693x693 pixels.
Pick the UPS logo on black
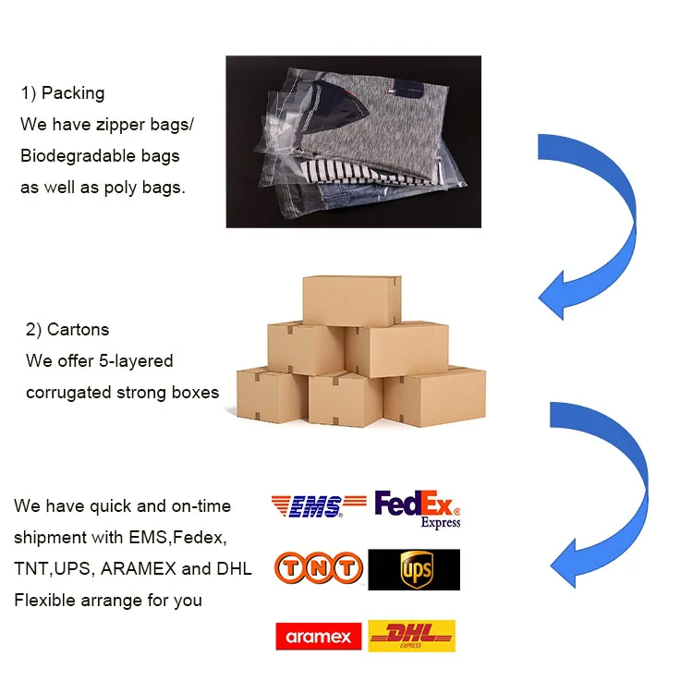(414, 570)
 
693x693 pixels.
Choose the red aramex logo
(319, 637)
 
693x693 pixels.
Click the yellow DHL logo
(412, 636)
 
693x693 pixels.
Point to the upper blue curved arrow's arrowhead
(560, 291)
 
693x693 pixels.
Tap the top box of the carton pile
(351, 300)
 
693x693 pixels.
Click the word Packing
(73, 93)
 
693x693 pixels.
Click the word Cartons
(78, 330)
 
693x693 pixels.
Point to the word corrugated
(68, 393)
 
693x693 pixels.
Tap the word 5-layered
(136, 360)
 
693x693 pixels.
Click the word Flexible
(43, 600)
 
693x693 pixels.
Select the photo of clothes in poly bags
(353, 141)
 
